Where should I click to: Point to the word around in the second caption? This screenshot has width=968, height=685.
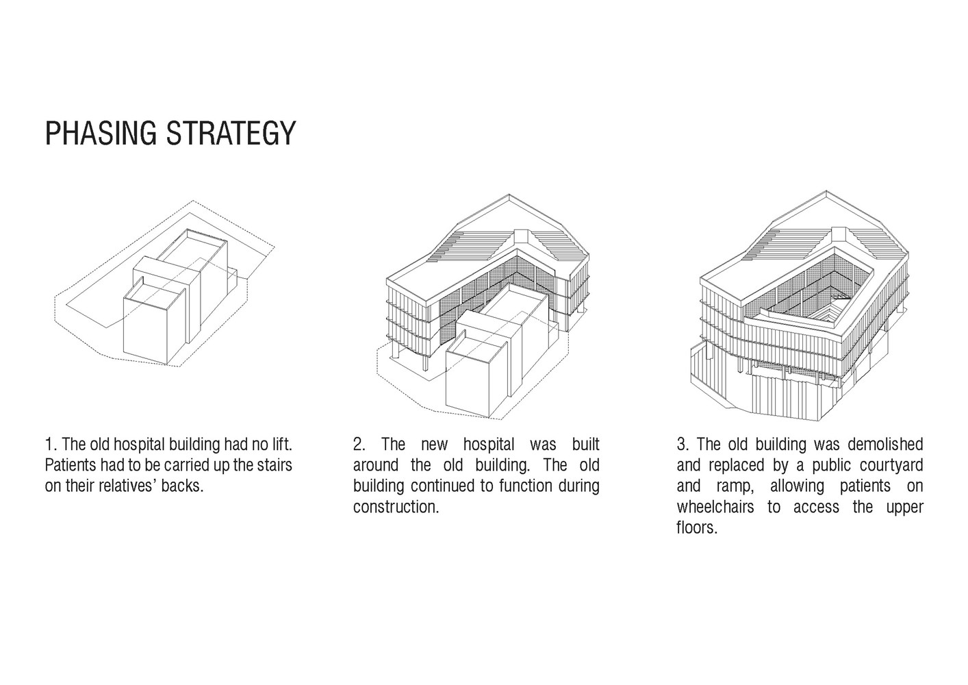coord(376,465)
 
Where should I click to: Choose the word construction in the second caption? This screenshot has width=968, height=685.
coord(396,506)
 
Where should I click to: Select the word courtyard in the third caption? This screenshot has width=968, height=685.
coord(891,465)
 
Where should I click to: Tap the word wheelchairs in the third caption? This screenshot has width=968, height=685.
coord(715,506)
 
